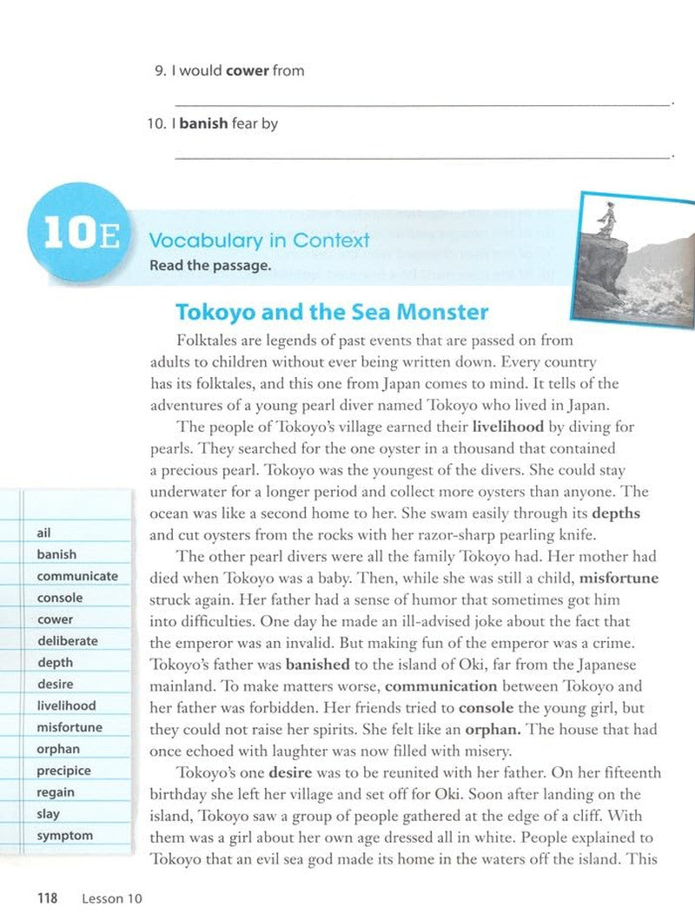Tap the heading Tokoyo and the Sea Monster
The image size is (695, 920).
[332, 312]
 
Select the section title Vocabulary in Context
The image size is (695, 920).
[259, 241]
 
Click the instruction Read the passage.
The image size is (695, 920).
[210, 266]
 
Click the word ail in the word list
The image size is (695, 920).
[46, 533]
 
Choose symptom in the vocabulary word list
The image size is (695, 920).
[64, 836]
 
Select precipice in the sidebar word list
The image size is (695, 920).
[63, 771]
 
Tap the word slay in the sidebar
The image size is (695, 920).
[49, 814]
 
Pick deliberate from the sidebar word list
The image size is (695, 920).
[68, 641]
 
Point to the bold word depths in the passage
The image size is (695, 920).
[615, 513]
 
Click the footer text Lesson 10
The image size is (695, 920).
[111, 897]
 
